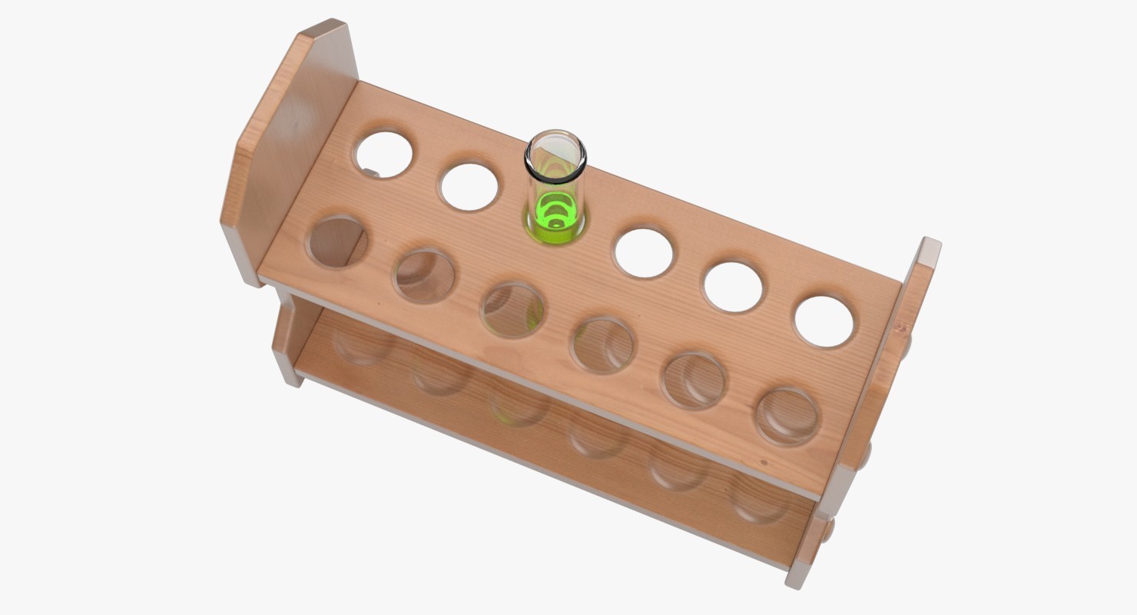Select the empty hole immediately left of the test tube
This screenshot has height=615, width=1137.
[469, 187]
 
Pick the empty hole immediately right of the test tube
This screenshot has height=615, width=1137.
[644, 253]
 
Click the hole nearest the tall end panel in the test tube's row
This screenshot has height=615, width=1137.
[383, 155]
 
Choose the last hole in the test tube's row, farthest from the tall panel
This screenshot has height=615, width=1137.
[824, 321]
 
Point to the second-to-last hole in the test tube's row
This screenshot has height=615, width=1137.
[734, 287]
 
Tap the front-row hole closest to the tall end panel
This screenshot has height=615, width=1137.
[336, 241]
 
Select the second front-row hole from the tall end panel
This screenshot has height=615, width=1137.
[423, 275]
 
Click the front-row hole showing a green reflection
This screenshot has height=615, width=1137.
[512, 310]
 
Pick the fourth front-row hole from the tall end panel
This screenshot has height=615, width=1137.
[603, 345]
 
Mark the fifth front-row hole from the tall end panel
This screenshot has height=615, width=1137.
[694, 380]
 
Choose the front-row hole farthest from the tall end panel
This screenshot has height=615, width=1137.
[787, 416]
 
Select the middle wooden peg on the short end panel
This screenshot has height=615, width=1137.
[867, 455]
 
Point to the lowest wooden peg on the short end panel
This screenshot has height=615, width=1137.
[827, 530]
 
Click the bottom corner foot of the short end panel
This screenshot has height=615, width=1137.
[796, 577]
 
